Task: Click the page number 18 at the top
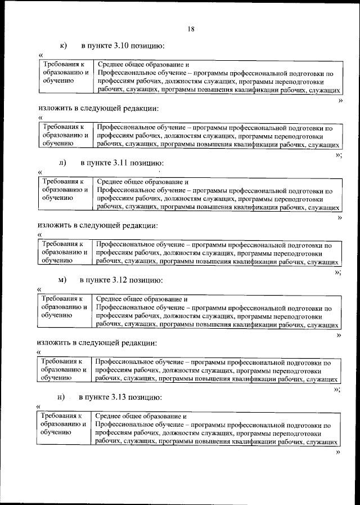pos(191,30)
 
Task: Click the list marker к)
pos(63,46)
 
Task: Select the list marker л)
pos(63,163)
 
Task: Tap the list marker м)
pos(62,279)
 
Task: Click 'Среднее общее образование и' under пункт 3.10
pos(143,65)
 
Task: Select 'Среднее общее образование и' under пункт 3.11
pos(142,182)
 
